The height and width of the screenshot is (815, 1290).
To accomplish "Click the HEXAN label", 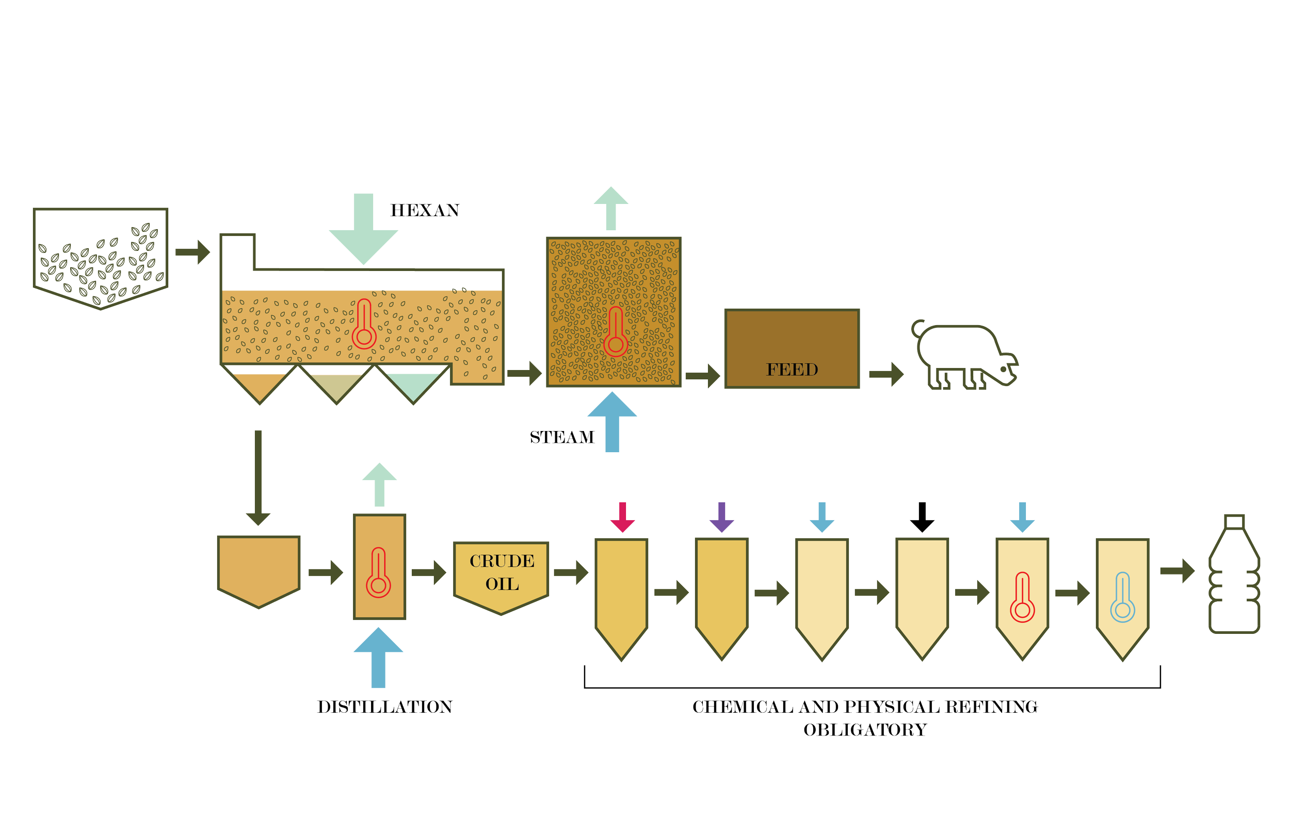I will click(424, 211).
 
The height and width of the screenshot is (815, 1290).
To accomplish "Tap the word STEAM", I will click(562, 438).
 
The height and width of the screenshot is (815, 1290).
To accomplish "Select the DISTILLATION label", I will click(384, 707).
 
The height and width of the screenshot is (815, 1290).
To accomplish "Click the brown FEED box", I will click(792, 349).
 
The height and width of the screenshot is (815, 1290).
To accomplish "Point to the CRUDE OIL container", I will click(501, 574).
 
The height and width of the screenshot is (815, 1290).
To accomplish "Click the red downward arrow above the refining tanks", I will click(622, 517).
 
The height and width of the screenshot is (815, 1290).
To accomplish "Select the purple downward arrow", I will click(721, 517).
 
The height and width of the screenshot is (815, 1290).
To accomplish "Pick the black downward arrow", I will click(922, 517).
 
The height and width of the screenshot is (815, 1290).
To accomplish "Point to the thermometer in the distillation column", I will click(378, 573).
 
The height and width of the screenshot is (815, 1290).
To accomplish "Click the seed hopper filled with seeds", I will click(101, 257).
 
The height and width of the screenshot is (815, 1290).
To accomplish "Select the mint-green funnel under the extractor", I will click(413, 386).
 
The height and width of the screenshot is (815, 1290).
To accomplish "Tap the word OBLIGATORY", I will click(865, 730).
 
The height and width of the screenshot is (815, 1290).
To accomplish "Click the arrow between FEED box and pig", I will click(885, 374).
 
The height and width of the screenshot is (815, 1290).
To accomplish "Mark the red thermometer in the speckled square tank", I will click(616, 332).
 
